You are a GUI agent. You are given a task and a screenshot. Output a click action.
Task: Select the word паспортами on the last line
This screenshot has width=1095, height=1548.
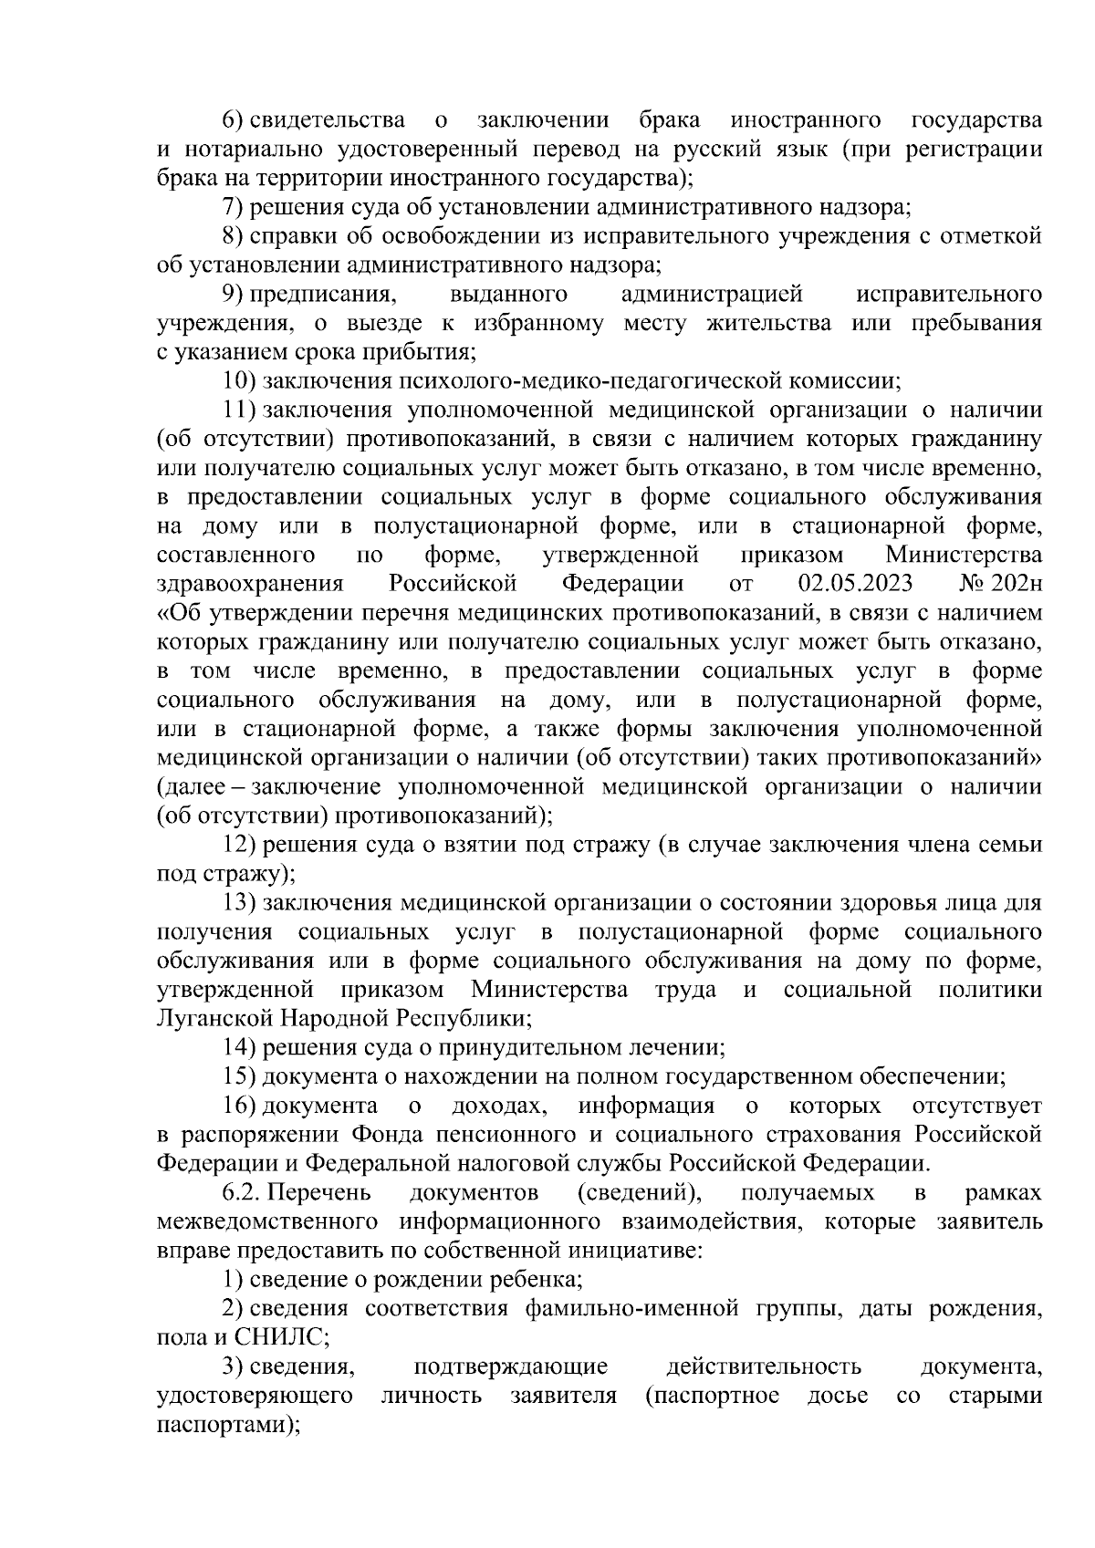224,1425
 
